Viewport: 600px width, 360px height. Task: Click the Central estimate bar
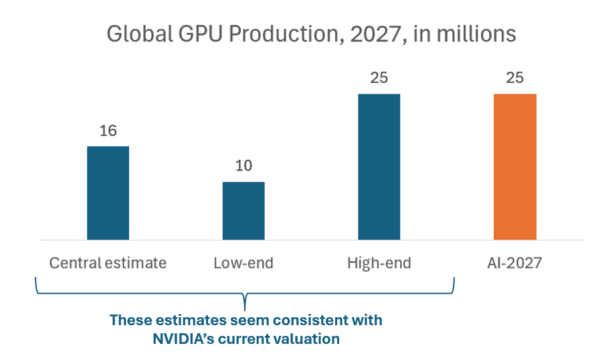pyautogui.click(x=108, y=193)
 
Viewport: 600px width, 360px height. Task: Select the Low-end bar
pyautogui.click(x=243, y=210)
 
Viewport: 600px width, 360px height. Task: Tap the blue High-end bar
pyautogui.click(x=379, y=167)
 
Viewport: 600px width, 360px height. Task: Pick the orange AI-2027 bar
pyautogui.click(x=514, y=167)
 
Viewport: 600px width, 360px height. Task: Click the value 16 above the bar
pyautogui.click(x=108, y=131)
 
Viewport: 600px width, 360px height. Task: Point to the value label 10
pyautogui.click(x=243, y=166)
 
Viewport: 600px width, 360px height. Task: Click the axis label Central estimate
pyautogui.click(x=108, y=263)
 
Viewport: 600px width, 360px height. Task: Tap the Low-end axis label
pyautogui.click(x=243, y=263)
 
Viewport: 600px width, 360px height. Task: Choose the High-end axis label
pyautogui.click(x=379, y=263)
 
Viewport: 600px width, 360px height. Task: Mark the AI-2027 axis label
pyautogui.click(x=514, y=263)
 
